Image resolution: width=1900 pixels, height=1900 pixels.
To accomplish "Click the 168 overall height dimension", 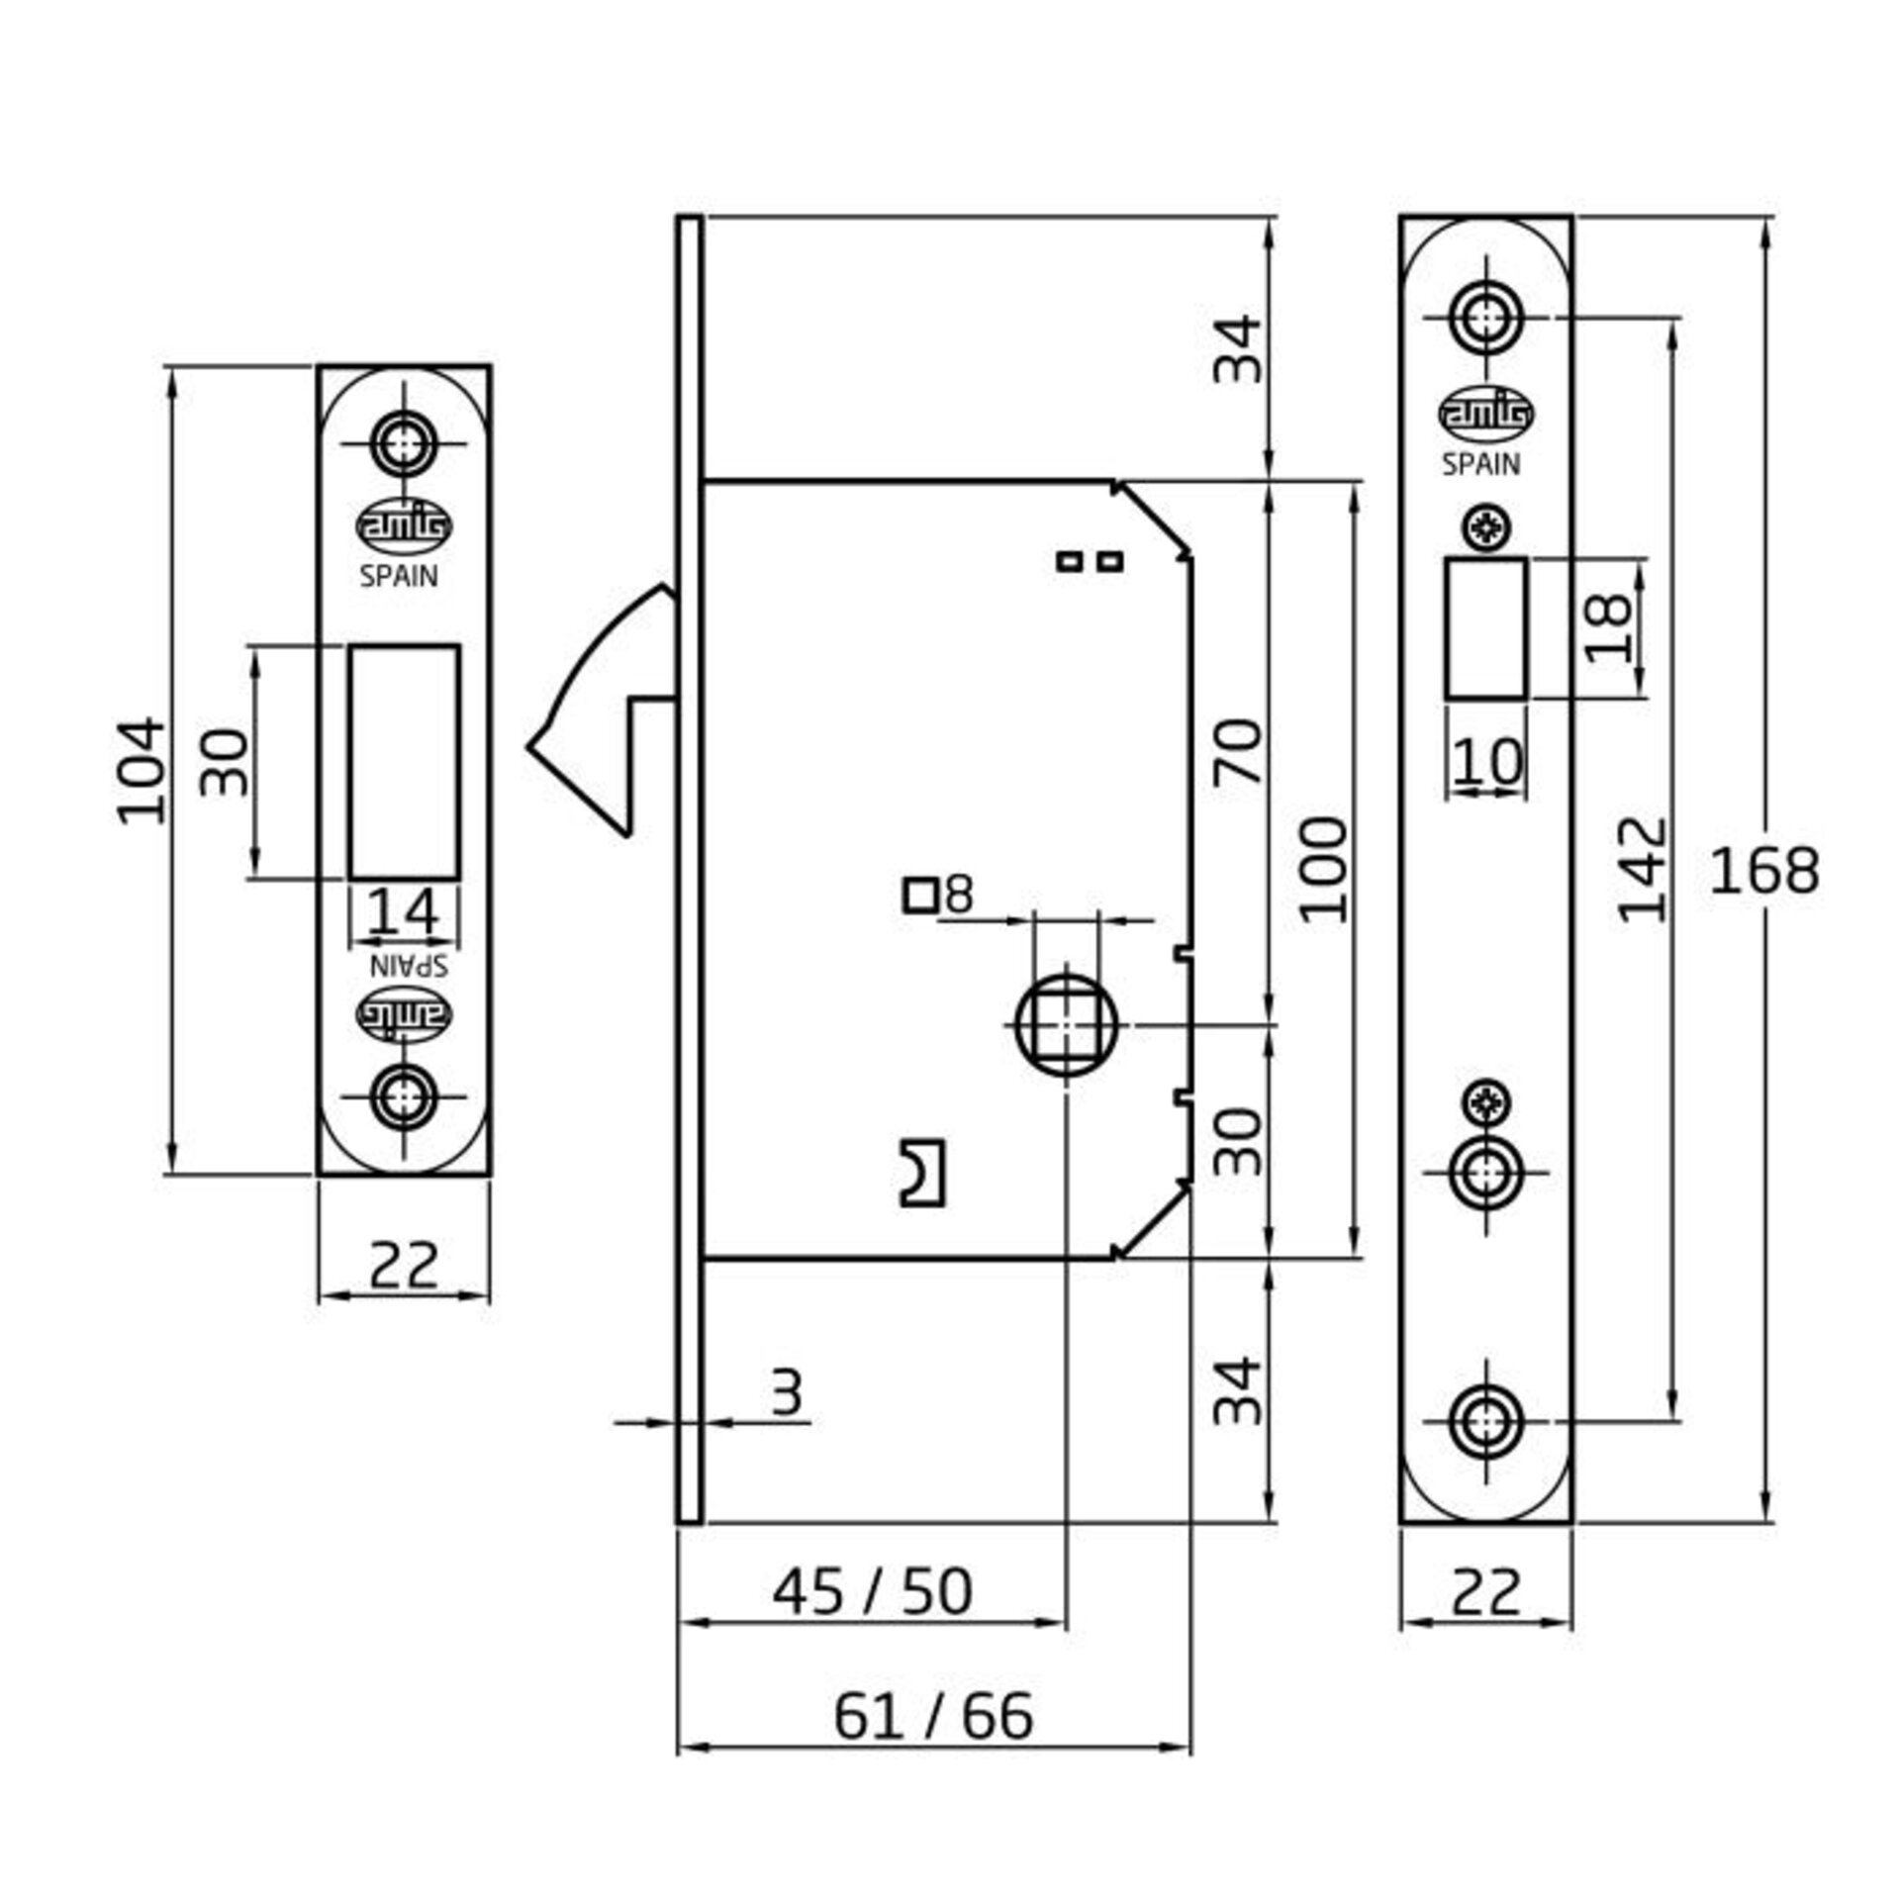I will click(1764, 871).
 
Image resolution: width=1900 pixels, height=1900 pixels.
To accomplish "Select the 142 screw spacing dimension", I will click(1643, 869).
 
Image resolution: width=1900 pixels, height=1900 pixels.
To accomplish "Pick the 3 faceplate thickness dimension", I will click(787, 1394).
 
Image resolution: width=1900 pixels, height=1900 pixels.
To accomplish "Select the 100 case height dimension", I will click(1324, 869).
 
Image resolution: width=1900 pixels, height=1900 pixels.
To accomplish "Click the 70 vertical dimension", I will click(1240, 752).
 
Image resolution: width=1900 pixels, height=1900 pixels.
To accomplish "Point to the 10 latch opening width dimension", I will click(1487, 762).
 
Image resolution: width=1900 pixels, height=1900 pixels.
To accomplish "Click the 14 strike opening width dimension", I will click(403, 910).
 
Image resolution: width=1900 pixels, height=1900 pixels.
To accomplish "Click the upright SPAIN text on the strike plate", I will click(399, 576).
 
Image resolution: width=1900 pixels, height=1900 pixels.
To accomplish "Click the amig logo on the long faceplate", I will click(1484, 414).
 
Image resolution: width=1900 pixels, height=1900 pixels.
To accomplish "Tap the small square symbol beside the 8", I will click(920, 896).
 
